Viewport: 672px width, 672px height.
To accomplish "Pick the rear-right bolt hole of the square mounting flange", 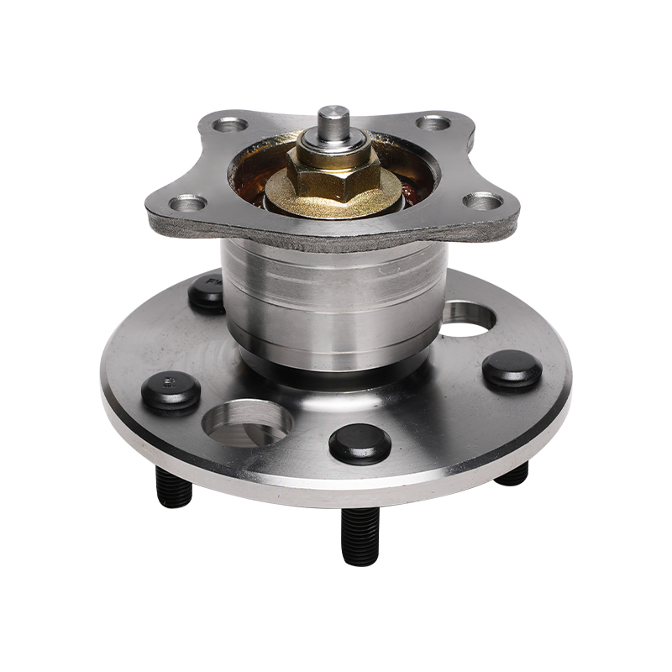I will click(433, 123).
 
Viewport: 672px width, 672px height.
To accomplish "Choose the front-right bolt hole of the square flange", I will click(483, 201).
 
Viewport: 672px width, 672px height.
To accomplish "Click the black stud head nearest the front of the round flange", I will click(360, 442).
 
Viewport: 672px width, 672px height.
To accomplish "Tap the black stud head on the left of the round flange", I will click(171, 391).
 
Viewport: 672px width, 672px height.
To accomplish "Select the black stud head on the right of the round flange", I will click(512, 369).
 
